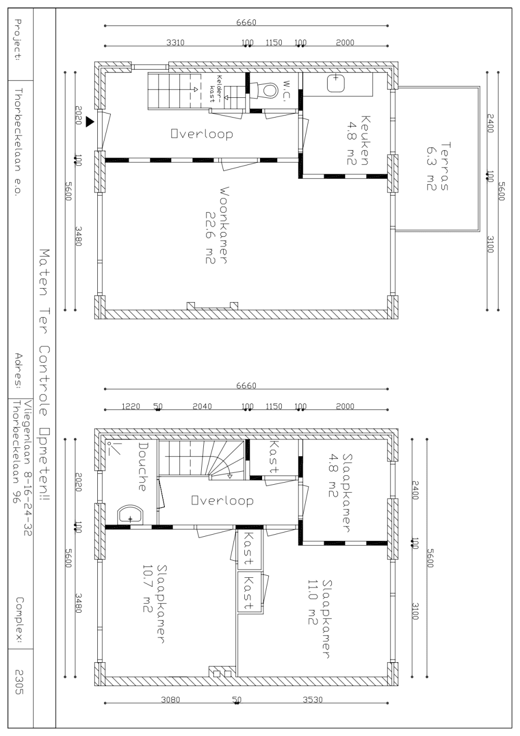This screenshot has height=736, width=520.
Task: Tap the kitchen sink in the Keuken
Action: tap(336, 83)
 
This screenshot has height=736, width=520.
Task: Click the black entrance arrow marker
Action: tap(89, 122)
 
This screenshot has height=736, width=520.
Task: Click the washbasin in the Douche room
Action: tap(131, 514)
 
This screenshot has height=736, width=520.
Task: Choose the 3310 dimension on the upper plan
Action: tap(175, 42)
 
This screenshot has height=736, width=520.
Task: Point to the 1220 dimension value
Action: tap(131, 406)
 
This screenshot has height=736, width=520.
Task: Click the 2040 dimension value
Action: tap(202, 406)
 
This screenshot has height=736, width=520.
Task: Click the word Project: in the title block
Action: tap(18, 40)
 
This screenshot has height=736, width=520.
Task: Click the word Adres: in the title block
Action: tap(18, 371)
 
